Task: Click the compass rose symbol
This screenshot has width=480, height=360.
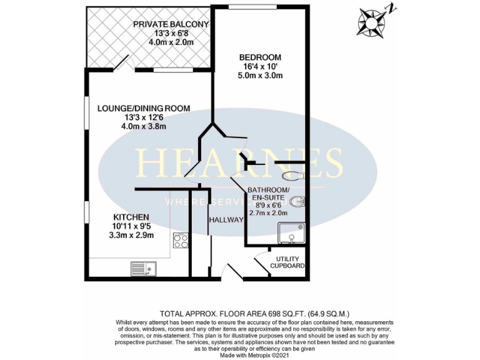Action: tap(373, 22)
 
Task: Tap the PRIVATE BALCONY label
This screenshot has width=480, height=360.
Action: tap(171, 24)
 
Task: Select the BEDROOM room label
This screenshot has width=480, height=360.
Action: tap(260, 57)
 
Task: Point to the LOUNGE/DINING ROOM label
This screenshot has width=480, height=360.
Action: tap(144, 108)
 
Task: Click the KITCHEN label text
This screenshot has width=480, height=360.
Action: tap(131, 217)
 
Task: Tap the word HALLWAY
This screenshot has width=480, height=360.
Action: tap(226, 220)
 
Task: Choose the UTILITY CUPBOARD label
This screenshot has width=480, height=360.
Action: tap(287, 262)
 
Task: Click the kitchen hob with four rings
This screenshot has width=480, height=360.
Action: tap(181, 239)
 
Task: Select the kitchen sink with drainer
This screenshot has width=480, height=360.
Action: tap(144, 269)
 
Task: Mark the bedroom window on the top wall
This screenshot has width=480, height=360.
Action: tap(244, 7)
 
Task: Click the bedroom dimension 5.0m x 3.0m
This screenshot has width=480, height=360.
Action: tap(261, 76)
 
